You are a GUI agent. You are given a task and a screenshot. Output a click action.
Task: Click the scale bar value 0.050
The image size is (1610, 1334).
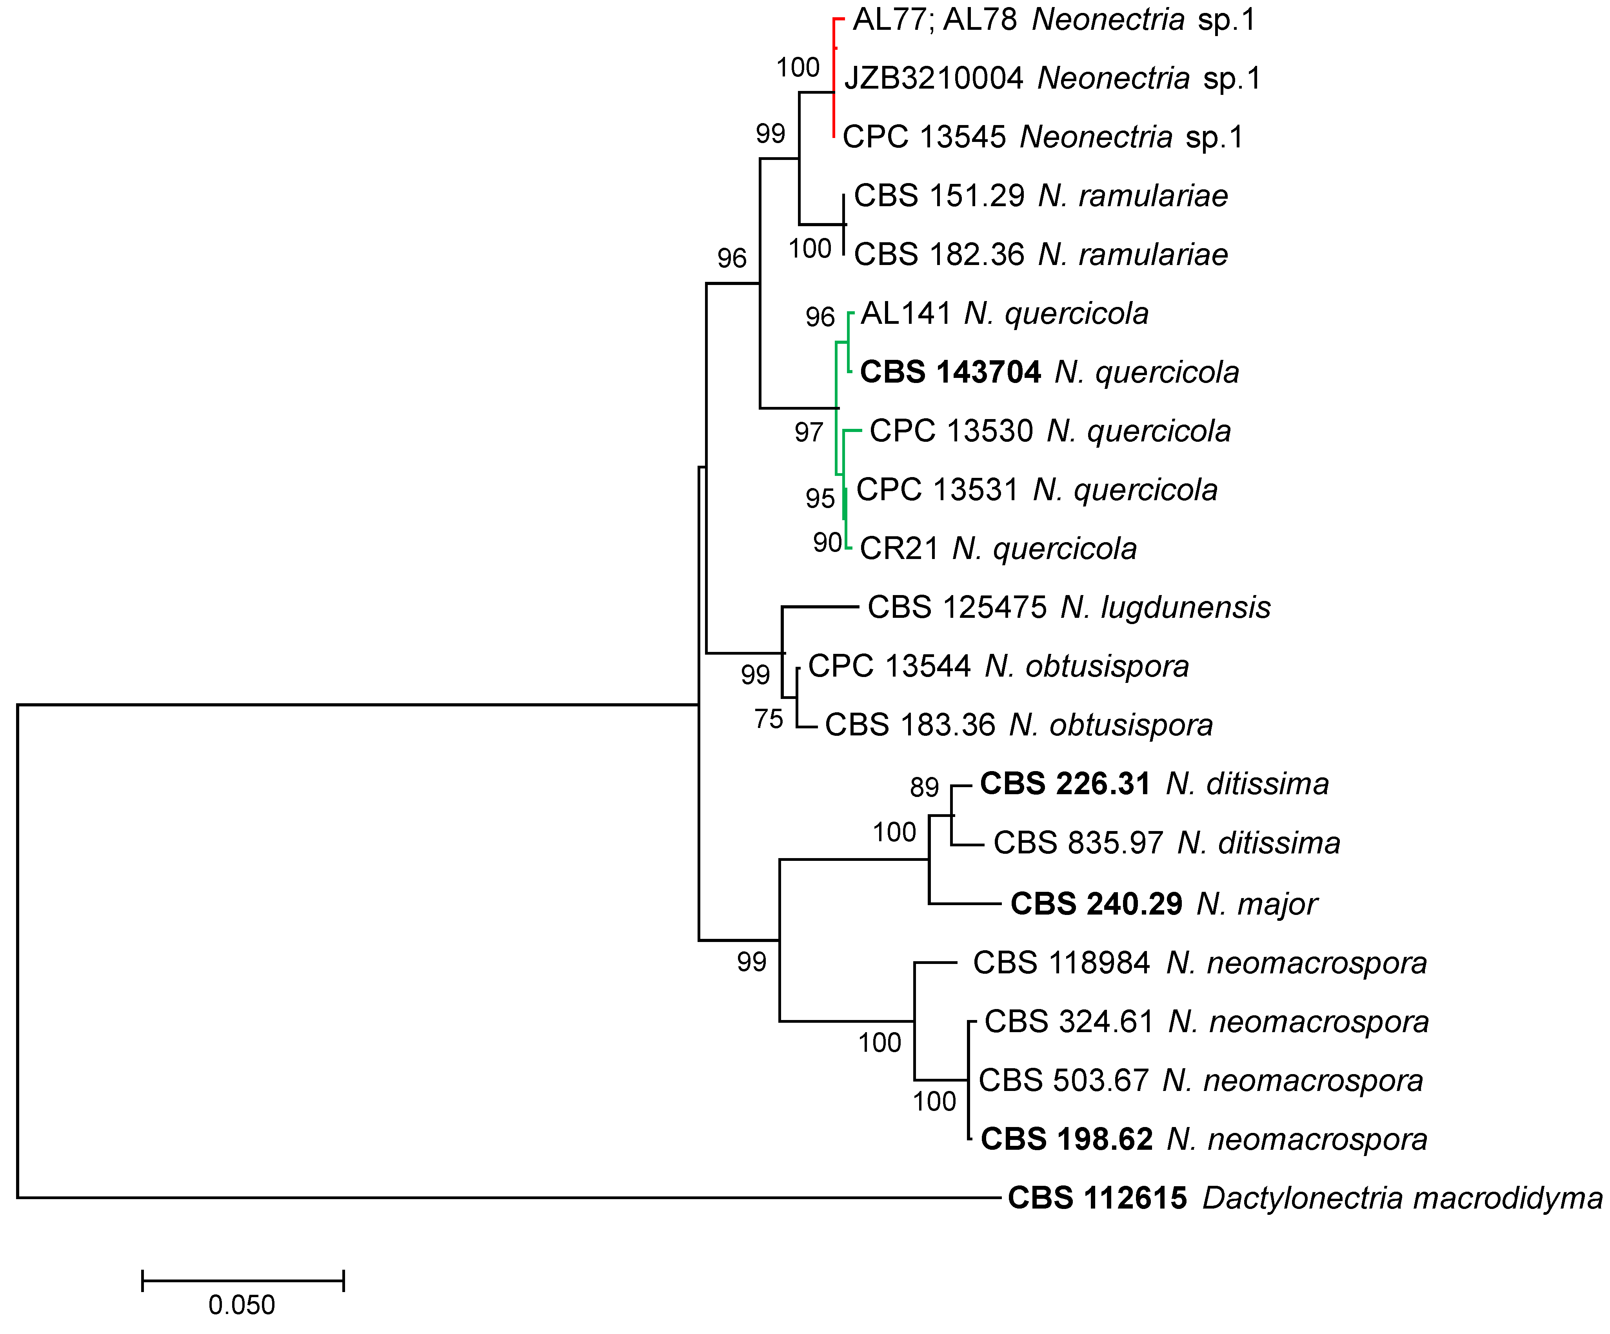[242, 1305]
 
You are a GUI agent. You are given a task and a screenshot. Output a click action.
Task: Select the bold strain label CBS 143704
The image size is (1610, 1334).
[950, 372]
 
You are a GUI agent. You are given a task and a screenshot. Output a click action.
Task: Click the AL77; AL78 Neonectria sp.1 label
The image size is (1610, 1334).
[1054, 20]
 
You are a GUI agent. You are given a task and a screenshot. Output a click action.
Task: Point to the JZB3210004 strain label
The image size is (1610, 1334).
[933, 78]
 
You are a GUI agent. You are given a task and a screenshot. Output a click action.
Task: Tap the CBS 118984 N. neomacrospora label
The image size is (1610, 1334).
[1200, 963]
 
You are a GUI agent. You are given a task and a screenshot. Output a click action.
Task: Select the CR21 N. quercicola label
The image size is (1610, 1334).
[998, 549]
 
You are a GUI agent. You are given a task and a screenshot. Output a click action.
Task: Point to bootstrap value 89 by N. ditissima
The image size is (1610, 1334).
[925, 788]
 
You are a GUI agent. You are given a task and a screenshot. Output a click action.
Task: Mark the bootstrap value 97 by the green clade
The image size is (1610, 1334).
[809, 432]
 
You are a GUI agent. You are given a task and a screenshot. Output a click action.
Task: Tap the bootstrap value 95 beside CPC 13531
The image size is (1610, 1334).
[820, 498]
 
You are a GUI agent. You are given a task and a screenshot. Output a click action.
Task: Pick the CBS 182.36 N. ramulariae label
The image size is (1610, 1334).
[1040, 254]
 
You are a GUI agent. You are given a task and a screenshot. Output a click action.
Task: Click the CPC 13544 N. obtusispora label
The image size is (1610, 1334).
[998, 666]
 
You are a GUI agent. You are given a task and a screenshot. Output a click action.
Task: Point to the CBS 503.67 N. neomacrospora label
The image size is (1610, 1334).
[1201, 1080]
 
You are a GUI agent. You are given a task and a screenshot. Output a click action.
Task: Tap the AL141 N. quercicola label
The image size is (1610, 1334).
[1004, 314]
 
